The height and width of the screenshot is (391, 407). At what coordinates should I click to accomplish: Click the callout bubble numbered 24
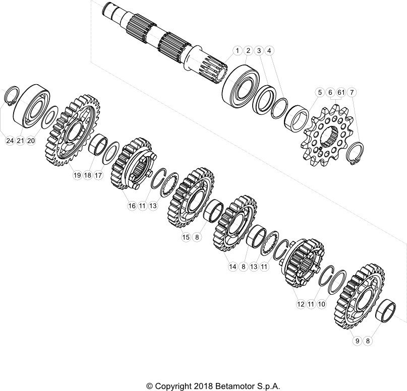click(x=10, y=141)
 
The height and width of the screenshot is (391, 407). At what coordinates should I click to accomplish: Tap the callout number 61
click(x=341, y=92)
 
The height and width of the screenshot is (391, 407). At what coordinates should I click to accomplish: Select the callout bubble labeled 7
click(x=352, y=92)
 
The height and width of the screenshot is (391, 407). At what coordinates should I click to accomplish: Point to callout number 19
click(x=77, y=175)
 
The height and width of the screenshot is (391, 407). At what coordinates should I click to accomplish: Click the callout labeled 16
click(x=132, y=206)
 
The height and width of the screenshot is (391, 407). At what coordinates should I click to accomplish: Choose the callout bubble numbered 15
click(x=186, y=237)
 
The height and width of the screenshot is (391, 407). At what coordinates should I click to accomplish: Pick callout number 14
click(x=232, y=267)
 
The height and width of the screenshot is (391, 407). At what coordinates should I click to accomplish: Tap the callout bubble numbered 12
click(x=301, y=304)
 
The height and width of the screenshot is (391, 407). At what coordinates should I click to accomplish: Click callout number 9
click(x=357, y=341)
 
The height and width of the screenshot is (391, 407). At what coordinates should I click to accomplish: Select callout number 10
click(x=321, y=304)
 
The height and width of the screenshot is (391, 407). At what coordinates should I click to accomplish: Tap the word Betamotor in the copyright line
click(x=232, y=386)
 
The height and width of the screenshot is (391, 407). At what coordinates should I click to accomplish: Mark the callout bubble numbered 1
click(x=237, y=50)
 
